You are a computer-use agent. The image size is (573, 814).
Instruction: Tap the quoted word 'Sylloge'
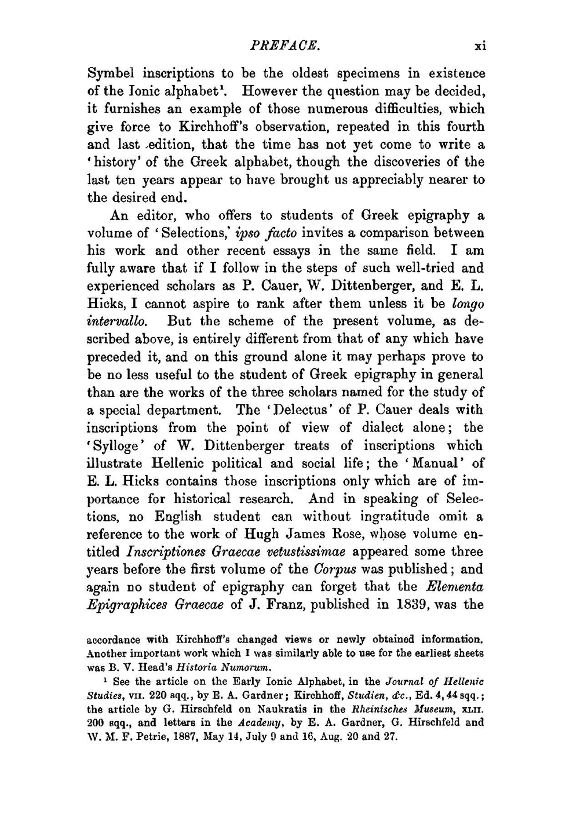pos(113,446)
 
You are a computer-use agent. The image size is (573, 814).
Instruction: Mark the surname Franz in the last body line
pos(285,604)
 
